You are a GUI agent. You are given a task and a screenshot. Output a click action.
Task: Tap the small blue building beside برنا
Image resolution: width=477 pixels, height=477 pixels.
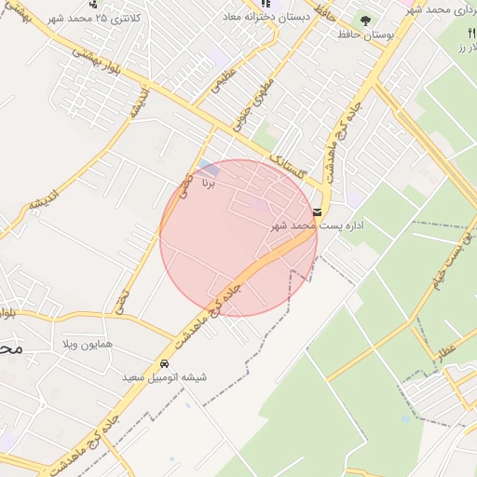pyautogui.click(x=210, y=169)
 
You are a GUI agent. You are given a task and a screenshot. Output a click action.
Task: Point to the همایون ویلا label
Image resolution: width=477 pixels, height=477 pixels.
pyautogui.click(x=90, y=344)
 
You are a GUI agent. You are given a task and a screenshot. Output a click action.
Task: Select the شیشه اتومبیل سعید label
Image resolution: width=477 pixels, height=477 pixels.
pyautogui.click(x=165, y=378)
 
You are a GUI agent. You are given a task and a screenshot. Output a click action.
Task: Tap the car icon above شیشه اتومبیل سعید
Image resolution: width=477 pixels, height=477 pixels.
pyautogui.click(x=165, y=363)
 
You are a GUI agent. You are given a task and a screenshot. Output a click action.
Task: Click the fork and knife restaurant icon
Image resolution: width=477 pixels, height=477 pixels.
pyautogui.click(x=470, y=33)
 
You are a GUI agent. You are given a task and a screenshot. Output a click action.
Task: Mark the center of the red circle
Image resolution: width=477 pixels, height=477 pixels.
pyautogui.click(x=238, y=238)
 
